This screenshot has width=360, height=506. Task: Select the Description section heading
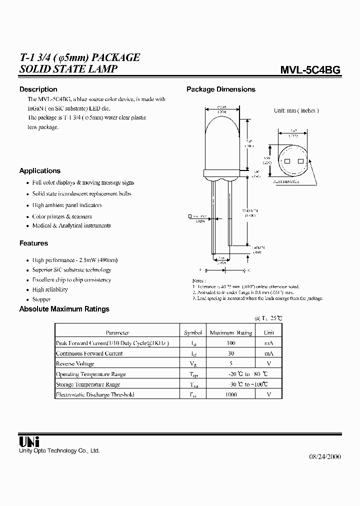(38, 89)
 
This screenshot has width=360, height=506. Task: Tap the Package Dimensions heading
(220, 89)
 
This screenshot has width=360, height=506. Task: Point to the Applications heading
(39, 171)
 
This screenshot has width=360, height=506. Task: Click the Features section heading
(33, 243)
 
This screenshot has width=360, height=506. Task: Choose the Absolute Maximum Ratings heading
(64, 309)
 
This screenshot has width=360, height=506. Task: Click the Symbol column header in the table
(193, 332)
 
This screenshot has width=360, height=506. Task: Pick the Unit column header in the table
(269, 332)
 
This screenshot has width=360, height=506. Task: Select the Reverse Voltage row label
(75, 363)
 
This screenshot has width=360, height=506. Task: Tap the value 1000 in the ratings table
(230, 394)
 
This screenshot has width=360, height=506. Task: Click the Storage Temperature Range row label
(87, 384)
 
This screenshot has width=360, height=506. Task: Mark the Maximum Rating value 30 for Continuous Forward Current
(230, 353)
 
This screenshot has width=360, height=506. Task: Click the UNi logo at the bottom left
(29, 441)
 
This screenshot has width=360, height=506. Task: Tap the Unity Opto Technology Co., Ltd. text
(59, 451)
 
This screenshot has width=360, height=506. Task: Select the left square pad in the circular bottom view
(287, 161)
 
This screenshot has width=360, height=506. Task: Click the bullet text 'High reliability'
(50, 289)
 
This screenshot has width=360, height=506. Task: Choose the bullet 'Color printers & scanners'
(62, 216)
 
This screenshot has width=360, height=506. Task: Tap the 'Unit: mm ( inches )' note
(296, 110)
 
